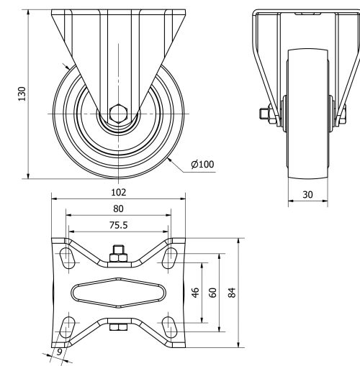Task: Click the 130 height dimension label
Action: point(22,93)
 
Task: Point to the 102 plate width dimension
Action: point(119,192)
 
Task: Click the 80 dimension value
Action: point(119,209)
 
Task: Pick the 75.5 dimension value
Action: point(119,225)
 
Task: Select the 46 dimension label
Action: point(194,293)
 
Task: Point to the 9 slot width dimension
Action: point(59,352)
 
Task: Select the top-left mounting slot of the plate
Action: point(68,256)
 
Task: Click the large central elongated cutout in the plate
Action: point(119,291)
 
